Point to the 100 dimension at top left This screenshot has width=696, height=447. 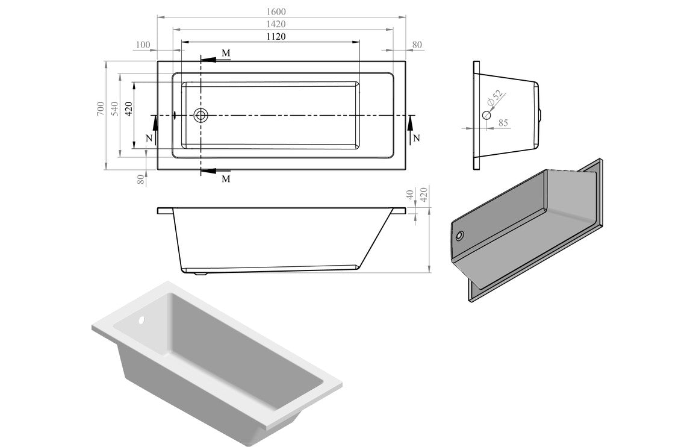[143, 45]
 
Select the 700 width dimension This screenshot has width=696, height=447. [99, 109]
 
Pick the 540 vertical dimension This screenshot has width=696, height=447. [114, 109]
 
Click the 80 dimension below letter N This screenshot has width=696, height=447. [141, 179]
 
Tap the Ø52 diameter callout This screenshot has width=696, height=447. [494, 98]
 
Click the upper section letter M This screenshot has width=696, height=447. [226, 54]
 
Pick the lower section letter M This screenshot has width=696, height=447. [226, 179]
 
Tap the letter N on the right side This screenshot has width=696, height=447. [416, 138]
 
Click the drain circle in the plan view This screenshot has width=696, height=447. [200, 114]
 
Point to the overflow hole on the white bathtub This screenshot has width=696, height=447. [143, 320]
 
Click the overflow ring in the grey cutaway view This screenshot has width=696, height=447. [461, 236]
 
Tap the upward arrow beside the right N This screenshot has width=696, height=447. [409, 123]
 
